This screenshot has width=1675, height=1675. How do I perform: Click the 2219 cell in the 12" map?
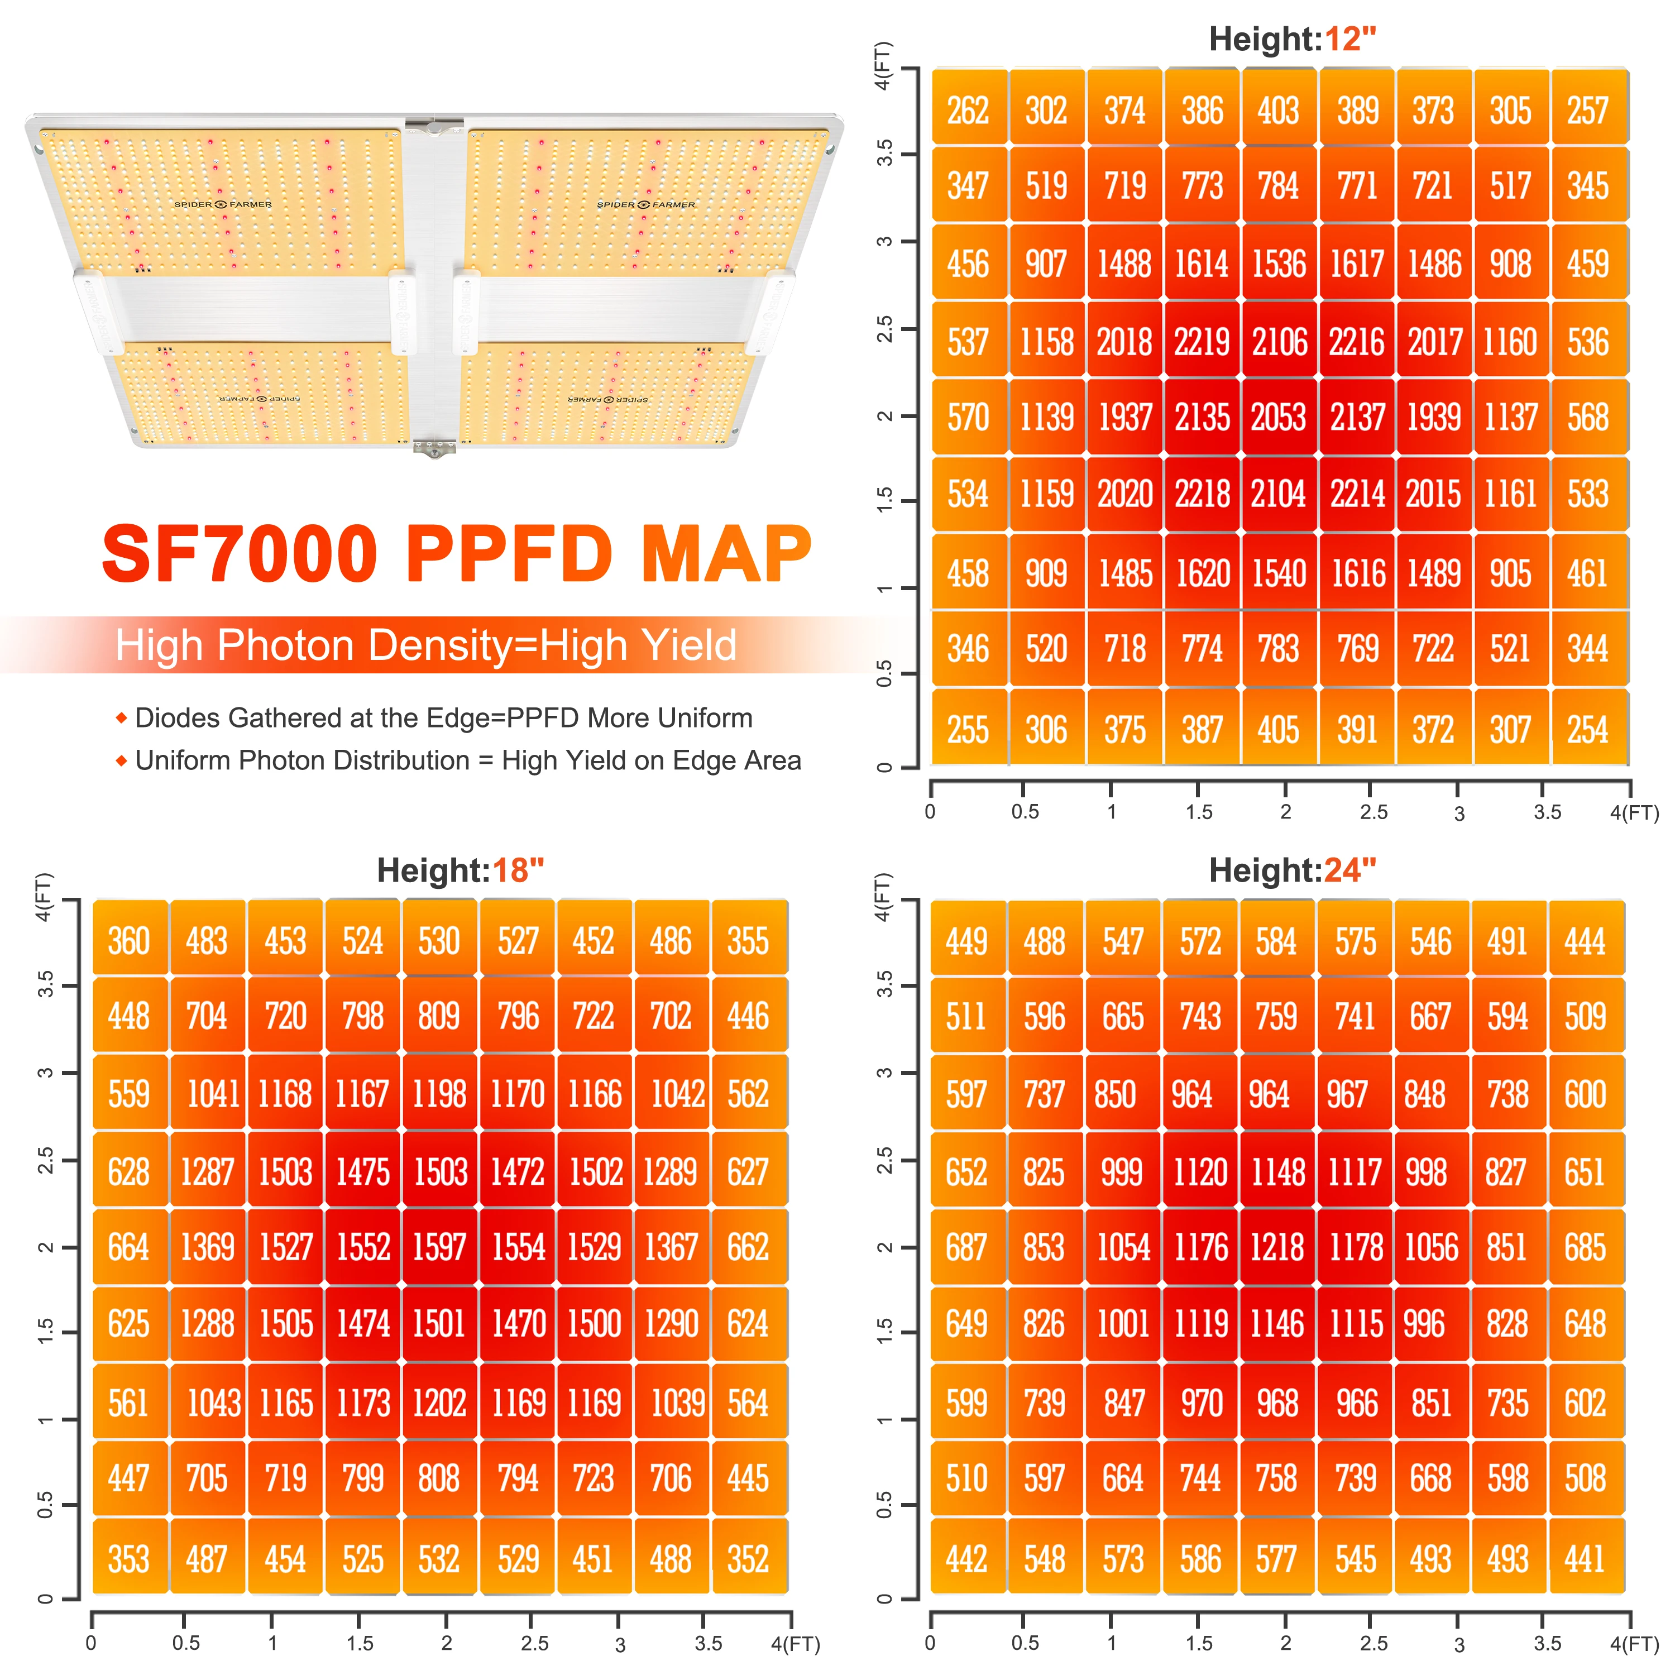1202,342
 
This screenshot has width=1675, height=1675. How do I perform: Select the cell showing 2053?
1278,418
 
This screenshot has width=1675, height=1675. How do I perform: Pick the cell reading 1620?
1203,573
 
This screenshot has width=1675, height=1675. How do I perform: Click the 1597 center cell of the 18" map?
439,1247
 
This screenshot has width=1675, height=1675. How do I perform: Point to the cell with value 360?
129,941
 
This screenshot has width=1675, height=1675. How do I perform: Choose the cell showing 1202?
439,1403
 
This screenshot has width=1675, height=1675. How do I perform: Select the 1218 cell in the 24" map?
1277,1247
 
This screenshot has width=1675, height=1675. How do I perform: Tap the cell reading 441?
1585,1559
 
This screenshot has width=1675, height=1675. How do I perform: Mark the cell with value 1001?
1123,1324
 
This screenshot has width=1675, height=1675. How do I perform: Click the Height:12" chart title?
1292,39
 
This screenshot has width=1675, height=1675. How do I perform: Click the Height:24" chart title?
1292,869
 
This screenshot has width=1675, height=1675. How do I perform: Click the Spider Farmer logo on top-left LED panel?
223,204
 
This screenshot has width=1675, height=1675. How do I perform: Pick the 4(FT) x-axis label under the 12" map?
1633,812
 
